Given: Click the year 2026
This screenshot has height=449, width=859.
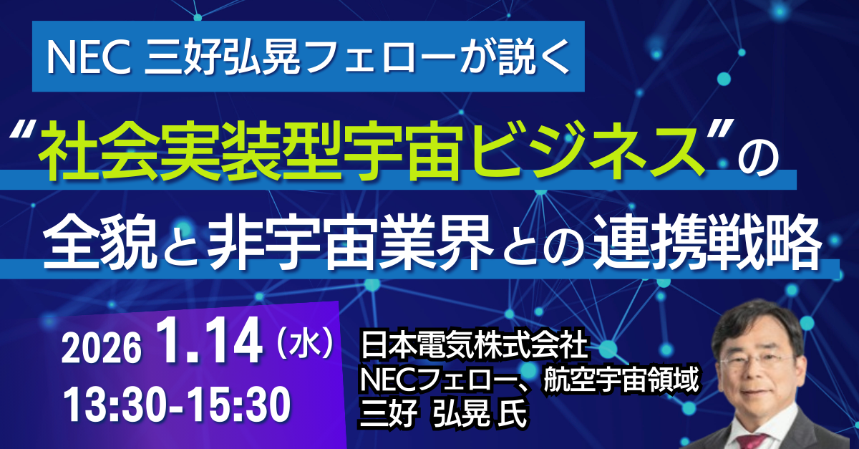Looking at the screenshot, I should tap(100, 351).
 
